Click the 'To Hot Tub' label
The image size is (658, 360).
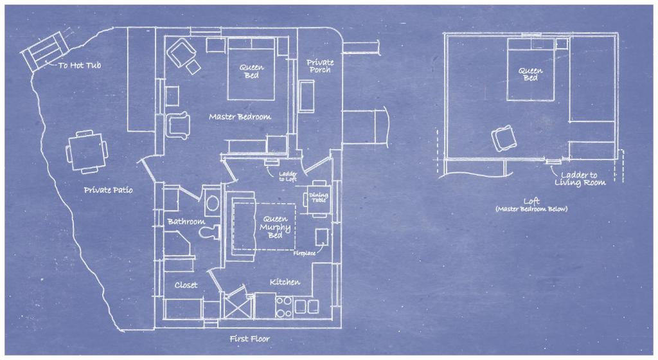click(80, 65)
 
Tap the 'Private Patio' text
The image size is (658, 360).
click(108, 190)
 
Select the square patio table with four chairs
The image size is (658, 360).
click(87, 152)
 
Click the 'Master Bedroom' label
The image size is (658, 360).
click(240, 116)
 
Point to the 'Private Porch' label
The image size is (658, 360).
click(320, 66)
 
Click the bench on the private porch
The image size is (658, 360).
click(307, 96)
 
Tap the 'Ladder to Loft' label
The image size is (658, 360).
click(288, 176)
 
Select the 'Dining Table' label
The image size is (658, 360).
click(319, 197)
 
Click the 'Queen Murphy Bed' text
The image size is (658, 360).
click(275, 227)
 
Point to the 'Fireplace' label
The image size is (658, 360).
click(304, 253)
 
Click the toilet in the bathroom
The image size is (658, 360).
click(210, 231)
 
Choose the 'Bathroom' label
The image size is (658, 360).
click(186, 222)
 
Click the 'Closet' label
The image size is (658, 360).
click(186, 285)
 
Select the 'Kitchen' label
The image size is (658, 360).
click(285, 282)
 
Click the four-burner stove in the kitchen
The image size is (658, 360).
click(284, 307)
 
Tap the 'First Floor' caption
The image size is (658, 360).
click(250, 339)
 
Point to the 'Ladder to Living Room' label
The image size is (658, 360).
click(580, 179)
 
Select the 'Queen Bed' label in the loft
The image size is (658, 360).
click(530, 75)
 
